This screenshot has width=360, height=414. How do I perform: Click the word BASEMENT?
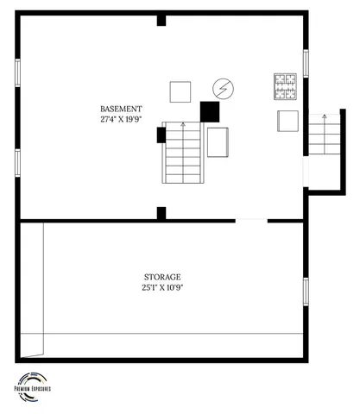[121, 109]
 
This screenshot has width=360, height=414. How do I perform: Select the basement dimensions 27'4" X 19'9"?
[121, 119]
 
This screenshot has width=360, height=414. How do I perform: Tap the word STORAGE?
[162, 276]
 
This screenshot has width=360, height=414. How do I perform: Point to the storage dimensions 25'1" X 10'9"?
[162, 286]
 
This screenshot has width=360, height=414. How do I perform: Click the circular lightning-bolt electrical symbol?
[223, 88]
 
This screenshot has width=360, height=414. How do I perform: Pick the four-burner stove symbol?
[286, 85]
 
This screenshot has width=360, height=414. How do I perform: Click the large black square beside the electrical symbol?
[209, 111]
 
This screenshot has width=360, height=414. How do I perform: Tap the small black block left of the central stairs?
[161, 134]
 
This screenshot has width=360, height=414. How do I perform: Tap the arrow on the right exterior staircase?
[324, 119]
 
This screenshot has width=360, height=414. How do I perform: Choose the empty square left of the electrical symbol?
[180, 91]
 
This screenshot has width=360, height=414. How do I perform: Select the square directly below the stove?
[287, 121]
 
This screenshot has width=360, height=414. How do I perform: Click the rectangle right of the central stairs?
[218, 141]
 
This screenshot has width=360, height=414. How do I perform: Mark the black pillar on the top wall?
[161, 20]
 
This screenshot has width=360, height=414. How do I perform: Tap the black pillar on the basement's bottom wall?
[161, 212]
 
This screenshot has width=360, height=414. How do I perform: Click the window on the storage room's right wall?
[305, 291]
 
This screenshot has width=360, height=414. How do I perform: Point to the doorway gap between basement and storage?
[251, 221]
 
